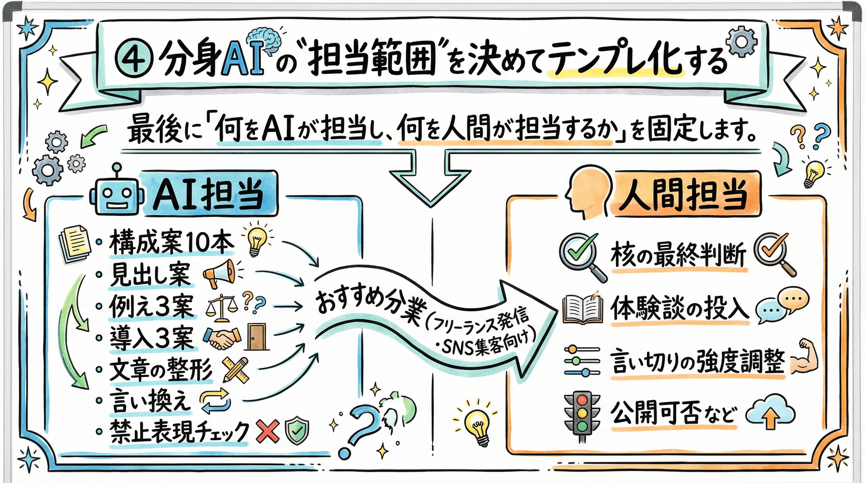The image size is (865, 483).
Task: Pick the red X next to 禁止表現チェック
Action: click(267, 431)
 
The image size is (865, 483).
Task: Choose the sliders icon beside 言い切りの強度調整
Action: click(582, 361)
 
